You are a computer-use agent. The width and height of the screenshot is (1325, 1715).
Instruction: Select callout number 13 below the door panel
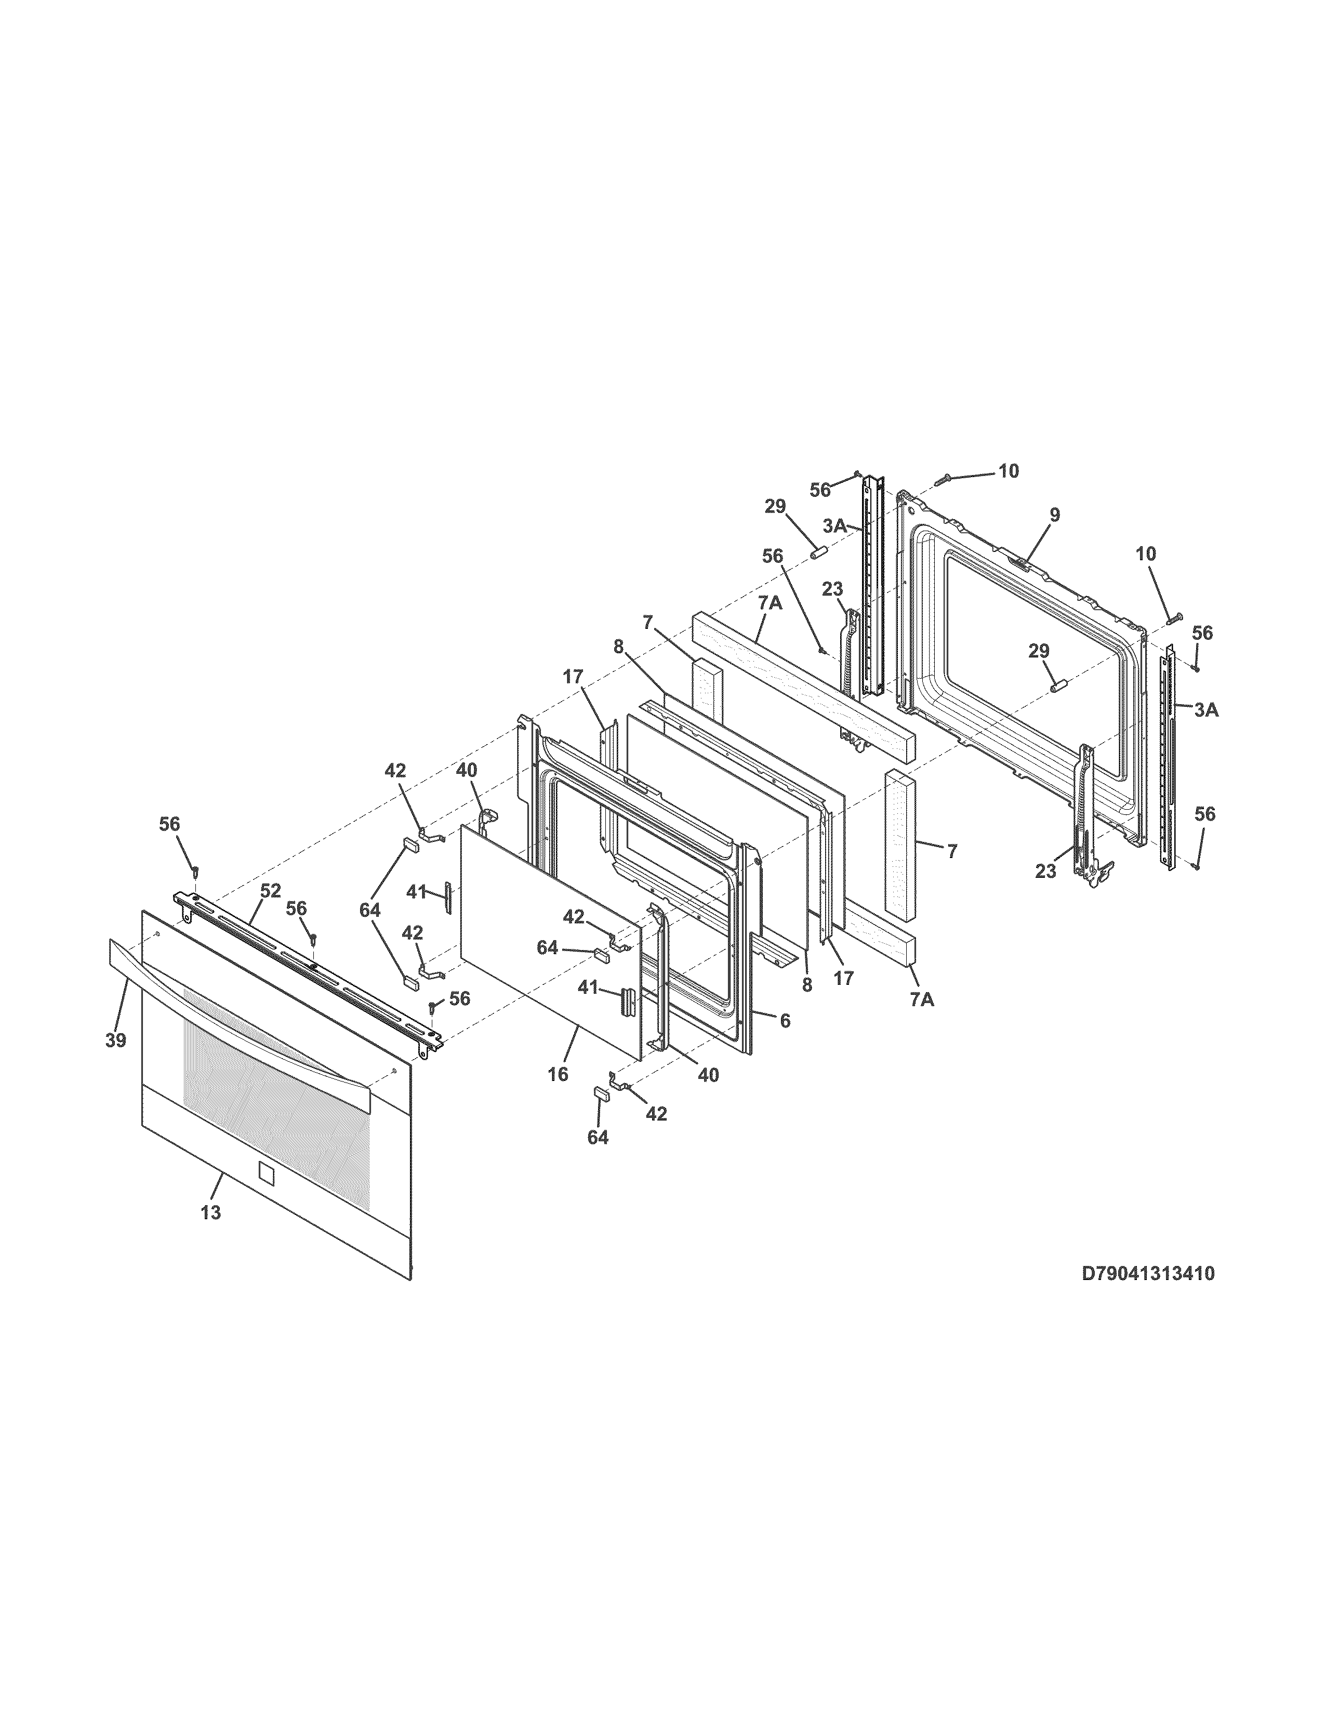coord(210,1212)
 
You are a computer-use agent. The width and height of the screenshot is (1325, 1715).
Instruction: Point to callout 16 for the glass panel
coord(558,1074)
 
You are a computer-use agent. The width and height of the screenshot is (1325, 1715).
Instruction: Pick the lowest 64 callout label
coord(598,1137)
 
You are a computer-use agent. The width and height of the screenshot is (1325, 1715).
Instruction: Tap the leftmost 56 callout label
coord(169,824)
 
